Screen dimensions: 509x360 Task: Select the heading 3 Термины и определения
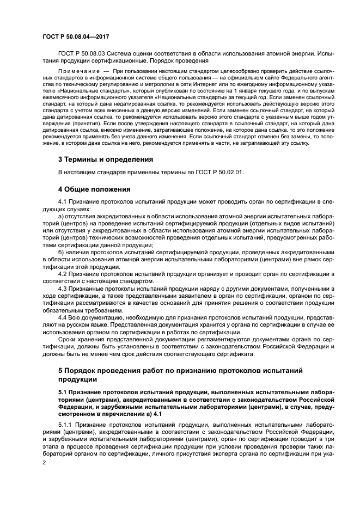105,160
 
